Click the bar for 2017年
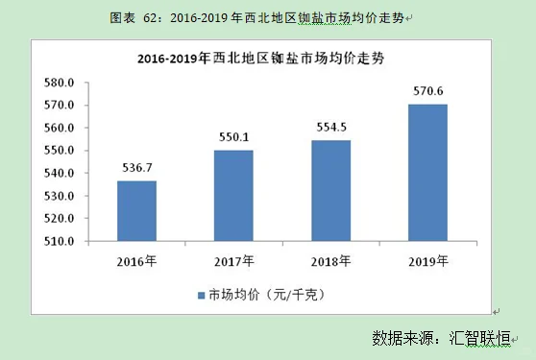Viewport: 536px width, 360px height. pos(233,195)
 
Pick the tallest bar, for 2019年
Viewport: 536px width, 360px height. pos(427,172)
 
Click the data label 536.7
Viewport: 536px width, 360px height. pos(136,167)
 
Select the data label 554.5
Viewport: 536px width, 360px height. pos(330,128)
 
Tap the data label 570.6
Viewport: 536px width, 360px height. pos(427,91)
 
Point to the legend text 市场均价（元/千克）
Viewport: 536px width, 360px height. pos(268,295)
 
